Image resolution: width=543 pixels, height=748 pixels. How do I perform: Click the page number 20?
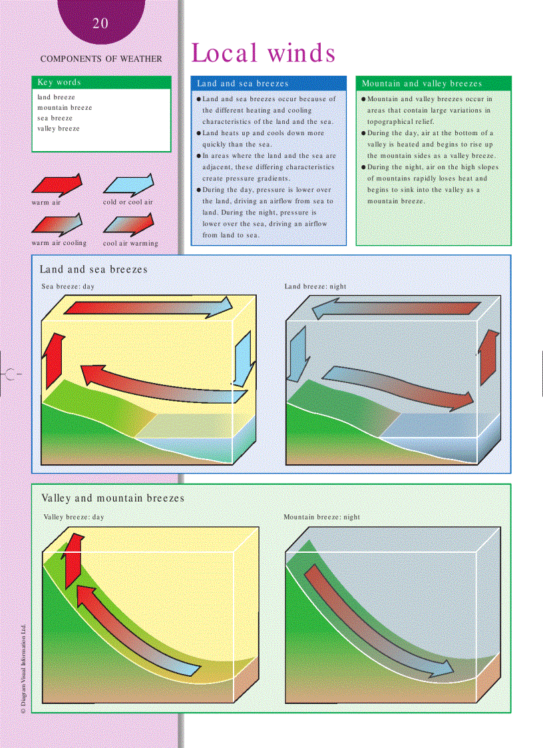pos(100,24)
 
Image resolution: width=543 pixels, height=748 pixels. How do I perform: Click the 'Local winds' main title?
pos(263,53)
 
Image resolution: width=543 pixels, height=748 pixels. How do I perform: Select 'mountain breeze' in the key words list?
pos(65,108)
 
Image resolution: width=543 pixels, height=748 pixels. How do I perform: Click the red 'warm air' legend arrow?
pos(57,185)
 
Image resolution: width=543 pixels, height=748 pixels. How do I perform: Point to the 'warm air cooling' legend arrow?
pos(57,224)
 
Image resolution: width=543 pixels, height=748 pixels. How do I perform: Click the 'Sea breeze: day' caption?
pos(68,287)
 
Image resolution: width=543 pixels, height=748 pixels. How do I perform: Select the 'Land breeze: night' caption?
pos(315,287)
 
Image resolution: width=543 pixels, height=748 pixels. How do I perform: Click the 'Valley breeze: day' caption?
pos(74,517)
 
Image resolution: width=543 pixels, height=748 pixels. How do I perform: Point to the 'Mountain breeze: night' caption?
pos(321,517)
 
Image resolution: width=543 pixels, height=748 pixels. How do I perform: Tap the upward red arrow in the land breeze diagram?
pos(488,356)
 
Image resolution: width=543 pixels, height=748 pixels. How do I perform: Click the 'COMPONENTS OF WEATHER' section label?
pos(101,59)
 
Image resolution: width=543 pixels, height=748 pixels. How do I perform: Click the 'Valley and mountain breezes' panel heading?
pos(112,498)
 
